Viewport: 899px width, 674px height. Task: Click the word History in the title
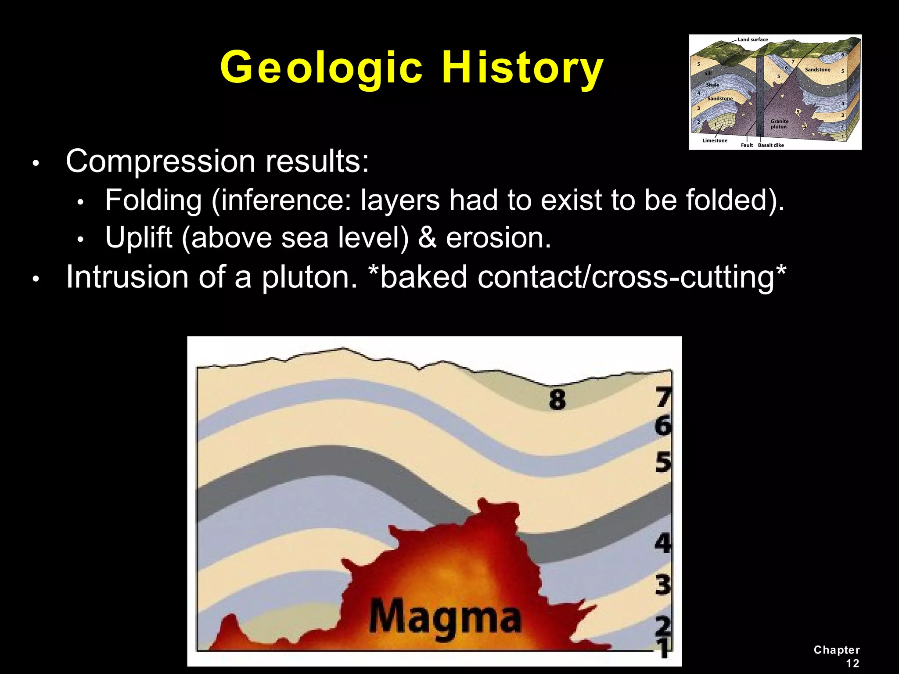[522, 68]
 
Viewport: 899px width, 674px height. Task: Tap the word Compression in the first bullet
[160, 161]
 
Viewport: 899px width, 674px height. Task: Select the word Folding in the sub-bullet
[153, 201]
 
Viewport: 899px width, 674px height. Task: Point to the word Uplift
[139, 238]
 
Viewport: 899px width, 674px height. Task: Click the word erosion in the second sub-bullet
[498, 238]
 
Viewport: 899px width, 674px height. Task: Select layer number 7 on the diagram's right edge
[663, 398]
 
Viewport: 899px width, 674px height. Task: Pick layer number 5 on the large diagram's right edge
[663, 462]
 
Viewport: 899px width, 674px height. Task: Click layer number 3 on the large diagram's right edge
[663, 585]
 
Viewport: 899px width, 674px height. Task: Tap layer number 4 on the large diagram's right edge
[663, 543]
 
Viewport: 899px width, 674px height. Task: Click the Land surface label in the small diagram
[752, 39]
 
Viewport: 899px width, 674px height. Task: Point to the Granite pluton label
[779, 124]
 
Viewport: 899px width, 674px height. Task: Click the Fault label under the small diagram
[747, 145]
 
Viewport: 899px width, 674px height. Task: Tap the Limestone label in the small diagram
[715, 141]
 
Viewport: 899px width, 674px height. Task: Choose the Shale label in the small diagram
[712, 85]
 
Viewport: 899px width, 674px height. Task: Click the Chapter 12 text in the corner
[837, 656]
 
